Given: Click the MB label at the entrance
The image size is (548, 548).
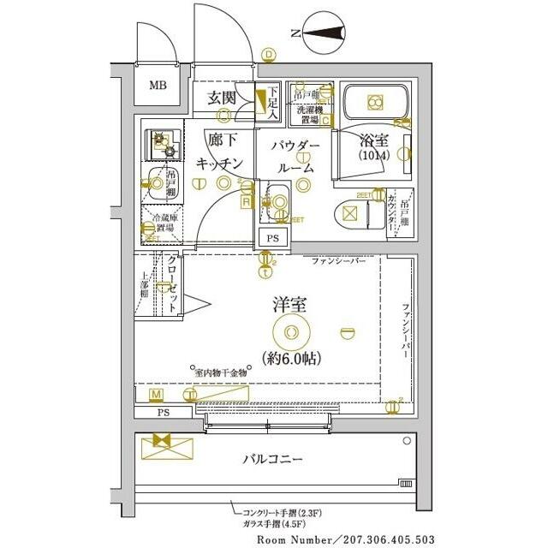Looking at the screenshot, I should pyautogui.click(x=158, y=86).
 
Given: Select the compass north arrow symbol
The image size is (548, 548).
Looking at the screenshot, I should pyautogui.click(x=323, y=33).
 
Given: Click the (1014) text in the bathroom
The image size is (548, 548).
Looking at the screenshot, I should pyautogui.click(x=373, y=157).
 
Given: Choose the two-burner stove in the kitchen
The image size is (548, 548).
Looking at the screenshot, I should pyautogui.click(x=163, y=142).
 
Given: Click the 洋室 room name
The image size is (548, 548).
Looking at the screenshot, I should pyautogui.click(x=291, y=304).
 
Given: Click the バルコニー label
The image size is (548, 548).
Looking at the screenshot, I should pyautogui.click(x=274, y=460).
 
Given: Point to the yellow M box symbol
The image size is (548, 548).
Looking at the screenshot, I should pyautogui.click(x=156, y=394).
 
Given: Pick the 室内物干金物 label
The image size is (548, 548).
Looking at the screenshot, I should pyautogui.click(x=221, y=372).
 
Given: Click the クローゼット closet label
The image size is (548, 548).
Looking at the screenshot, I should pyautogui.click(x=172, y=283).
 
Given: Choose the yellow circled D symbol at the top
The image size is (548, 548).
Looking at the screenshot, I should pyautogui.click(x=268, y=54).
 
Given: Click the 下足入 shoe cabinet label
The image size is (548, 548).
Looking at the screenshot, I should pyautogui.click(x=272, y=102).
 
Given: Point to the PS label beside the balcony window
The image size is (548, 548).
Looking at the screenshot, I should pyautogui.click(x=163, y=412).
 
